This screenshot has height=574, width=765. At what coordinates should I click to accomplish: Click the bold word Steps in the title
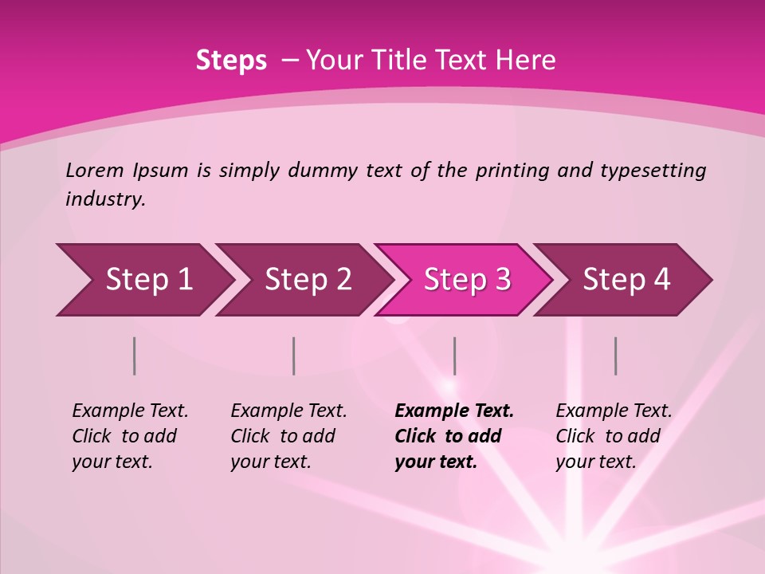click(231, 61)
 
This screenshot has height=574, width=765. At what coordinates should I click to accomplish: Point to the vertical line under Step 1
click(135, 356)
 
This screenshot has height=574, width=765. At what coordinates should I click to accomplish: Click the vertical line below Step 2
click(294, 356)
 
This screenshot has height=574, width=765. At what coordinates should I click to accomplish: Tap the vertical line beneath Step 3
click(454, 356)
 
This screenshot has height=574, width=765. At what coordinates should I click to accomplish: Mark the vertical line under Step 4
click(615, 356)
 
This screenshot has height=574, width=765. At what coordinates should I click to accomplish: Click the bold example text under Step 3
click(453, 436)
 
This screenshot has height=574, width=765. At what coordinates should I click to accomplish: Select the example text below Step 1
click(130, 436)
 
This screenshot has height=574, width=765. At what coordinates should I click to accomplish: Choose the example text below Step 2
click(288, 436)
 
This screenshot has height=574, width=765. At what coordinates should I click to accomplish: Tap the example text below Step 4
click(614, 436)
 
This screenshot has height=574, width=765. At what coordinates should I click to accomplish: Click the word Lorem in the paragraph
click(95, 170)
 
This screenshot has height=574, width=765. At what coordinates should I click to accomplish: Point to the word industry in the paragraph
click(105, 199)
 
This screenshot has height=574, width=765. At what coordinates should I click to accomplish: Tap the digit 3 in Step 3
click(502, 279)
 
